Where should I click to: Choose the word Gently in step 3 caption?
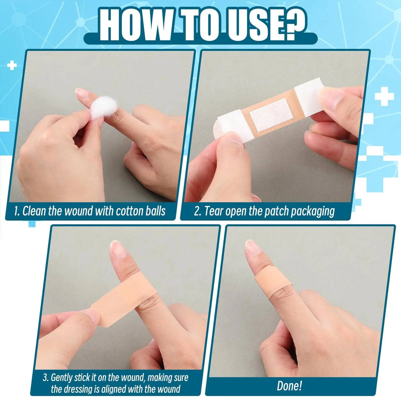click(x=62, y=378)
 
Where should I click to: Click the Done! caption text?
click(x=289, y=386)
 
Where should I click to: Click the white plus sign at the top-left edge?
click(x=12, y=65)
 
